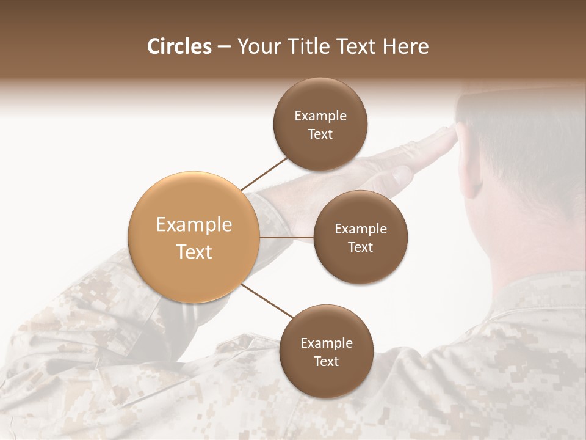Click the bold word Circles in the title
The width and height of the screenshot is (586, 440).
pos(179,46)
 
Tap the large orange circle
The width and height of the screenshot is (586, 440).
pos(194,238)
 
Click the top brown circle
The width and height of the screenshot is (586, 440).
pos(320,125)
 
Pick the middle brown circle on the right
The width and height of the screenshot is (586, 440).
pos(360,237)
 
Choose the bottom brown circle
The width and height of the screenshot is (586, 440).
pos(326,351)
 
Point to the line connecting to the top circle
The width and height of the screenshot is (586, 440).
pos(264,174)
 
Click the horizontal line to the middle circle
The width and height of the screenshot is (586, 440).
pos(286,237)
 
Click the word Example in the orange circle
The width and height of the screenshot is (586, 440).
pos(194,225)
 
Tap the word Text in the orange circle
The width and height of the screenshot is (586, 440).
pos(194,252)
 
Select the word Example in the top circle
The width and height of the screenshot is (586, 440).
pos(320,116)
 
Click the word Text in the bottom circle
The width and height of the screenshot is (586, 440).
pos(326,361)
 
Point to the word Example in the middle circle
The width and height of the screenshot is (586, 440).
pos(361,229)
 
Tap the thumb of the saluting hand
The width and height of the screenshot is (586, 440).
pos(400,178)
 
